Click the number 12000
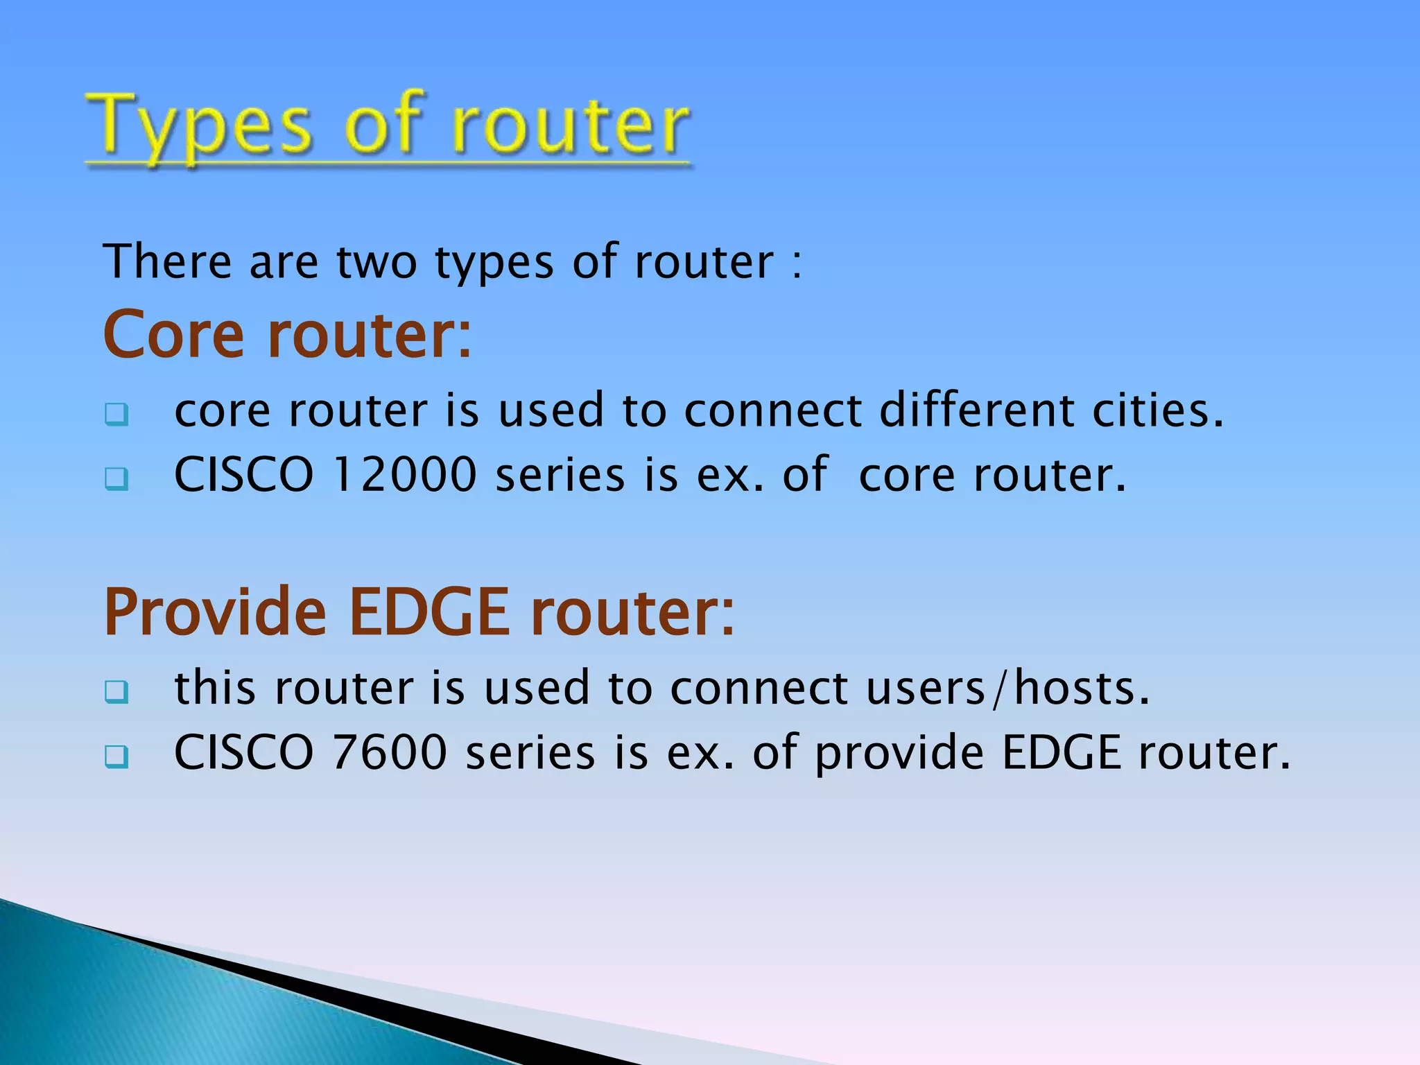(405, 475)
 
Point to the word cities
(1158, 410)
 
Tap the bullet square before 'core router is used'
(116, 414)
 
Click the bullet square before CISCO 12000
(116, 478)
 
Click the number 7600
(390, 753)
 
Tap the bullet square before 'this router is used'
(116, 691)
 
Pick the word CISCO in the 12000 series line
(244, 475)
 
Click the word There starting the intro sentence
(167, 262)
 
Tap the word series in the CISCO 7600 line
(530, 753)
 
